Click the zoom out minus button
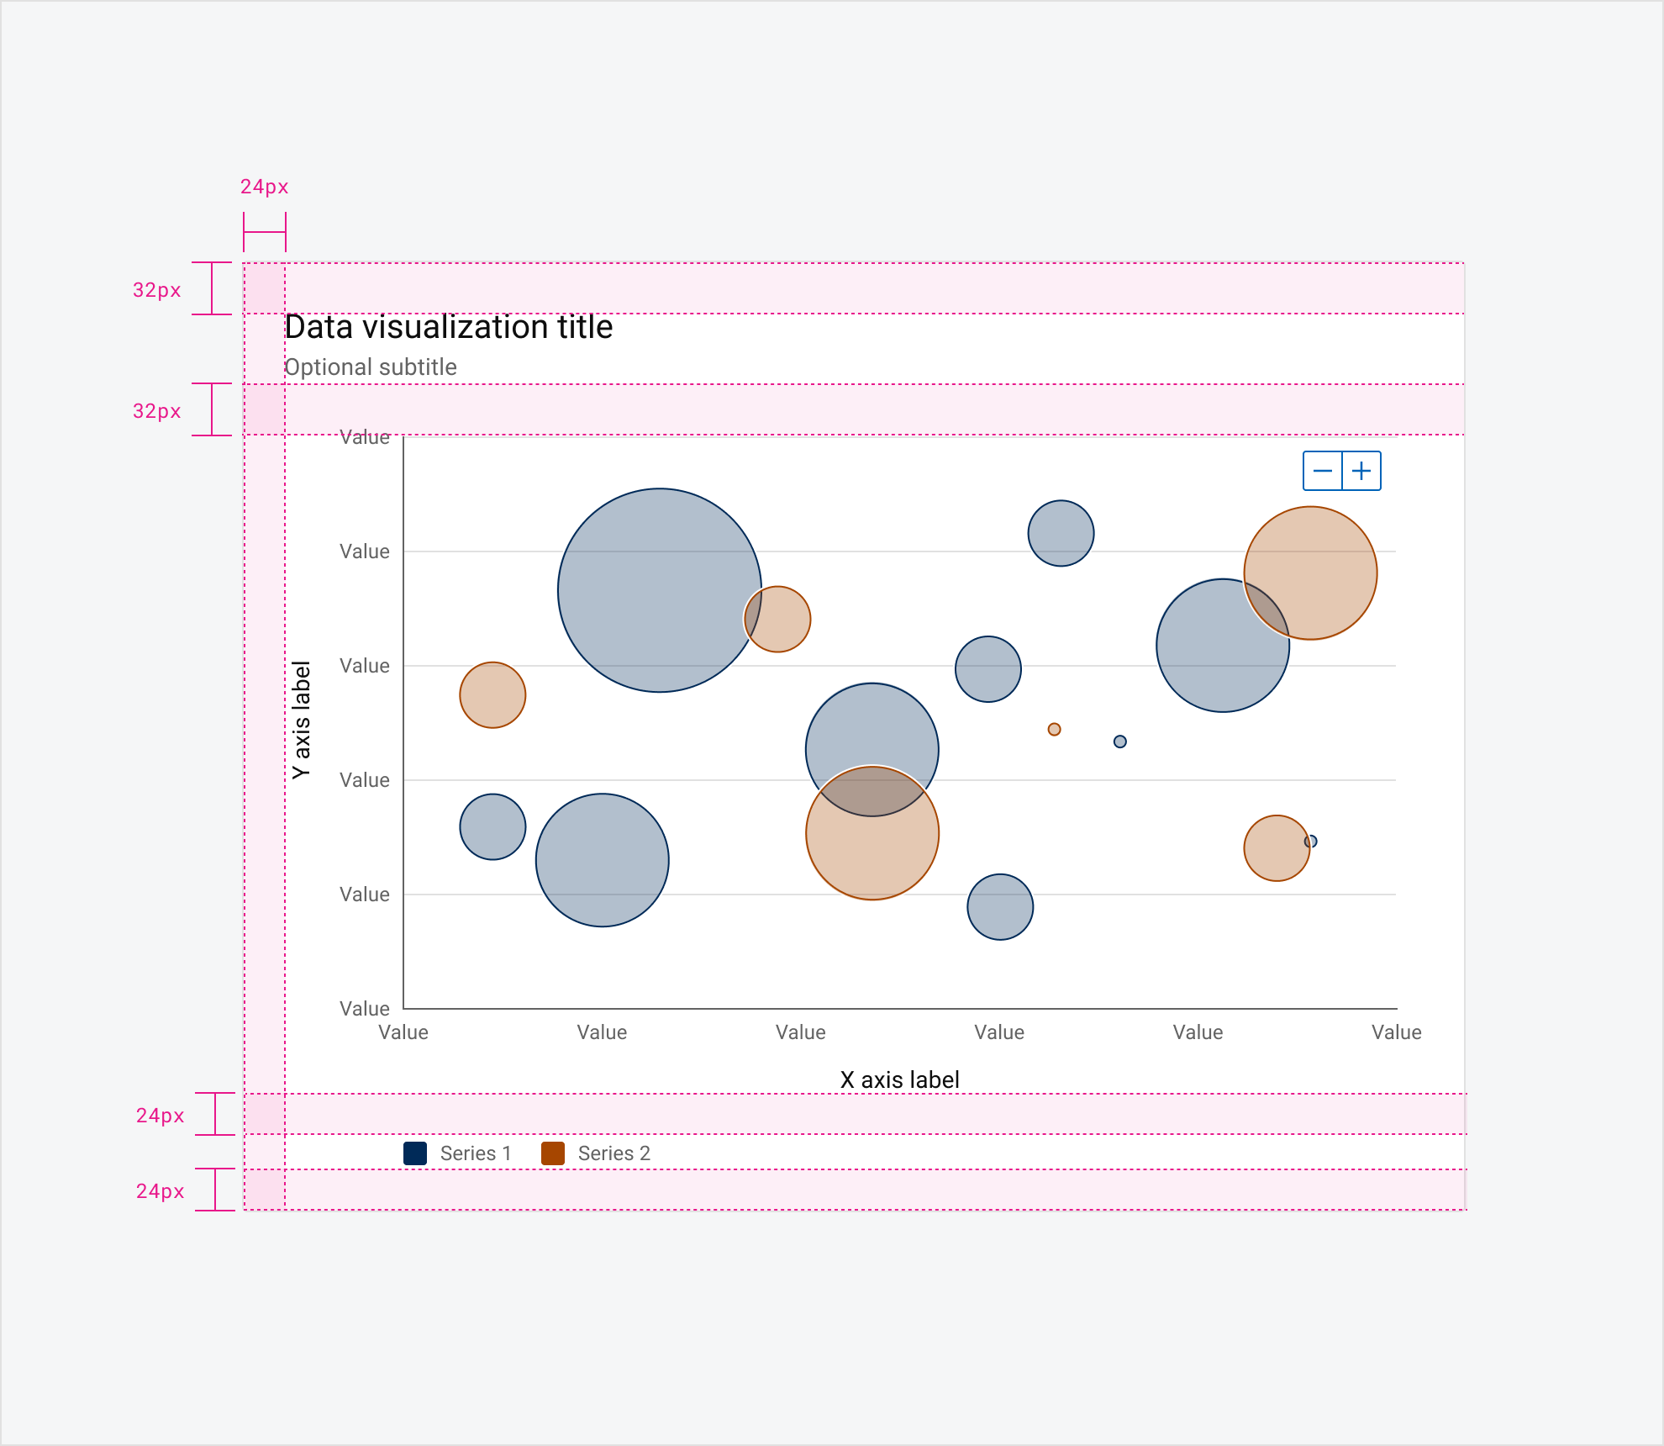[1322, 471]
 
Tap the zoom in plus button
[1361, 471]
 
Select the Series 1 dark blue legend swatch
[415, 1153]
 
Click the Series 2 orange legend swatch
[553, 1153]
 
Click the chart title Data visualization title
[449, 327]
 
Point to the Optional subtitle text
[371, 367]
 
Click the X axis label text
[899, 1079]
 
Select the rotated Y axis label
[301, 720]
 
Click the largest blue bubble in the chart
[660, 590]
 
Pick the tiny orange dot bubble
[1054, 729]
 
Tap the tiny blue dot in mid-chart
[1119, 741]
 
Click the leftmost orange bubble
[492, 695]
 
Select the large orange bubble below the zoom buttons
[1310, 573]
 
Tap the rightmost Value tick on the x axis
[1396, 1032]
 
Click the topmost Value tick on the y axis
[364, 437]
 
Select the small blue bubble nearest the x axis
[1000, 907]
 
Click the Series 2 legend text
[613, 1153]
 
